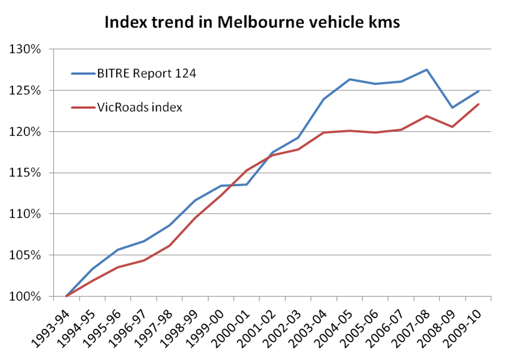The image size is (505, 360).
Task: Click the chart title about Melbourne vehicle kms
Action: pyautogui.click(x=252, y=24)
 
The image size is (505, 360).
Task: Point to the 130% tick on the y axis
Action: pyautogui.click(x=25, y=49)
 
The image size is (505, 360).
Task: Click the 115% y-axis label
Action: pyautogui.click(x=25, y=173)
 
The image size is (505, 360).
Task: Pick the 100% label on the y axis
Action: pyautogui.click(x=25, y=296)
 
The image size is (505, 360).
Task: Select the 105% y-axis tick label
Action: pyautogui.click(x=25, y=255)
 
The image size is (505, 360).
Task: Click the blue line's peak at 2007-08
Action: pyautogui.click(x=426, y=70)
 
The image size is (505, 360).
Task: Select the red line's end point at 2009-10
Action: pyautogui.click(x=478, y=104)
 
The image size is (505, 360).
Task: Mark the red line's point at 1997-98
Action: pyautogui.click(x=169, y=246)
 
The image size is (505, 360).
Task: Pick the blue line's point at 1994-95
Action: pyautogui.click(x=92, y=269)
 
